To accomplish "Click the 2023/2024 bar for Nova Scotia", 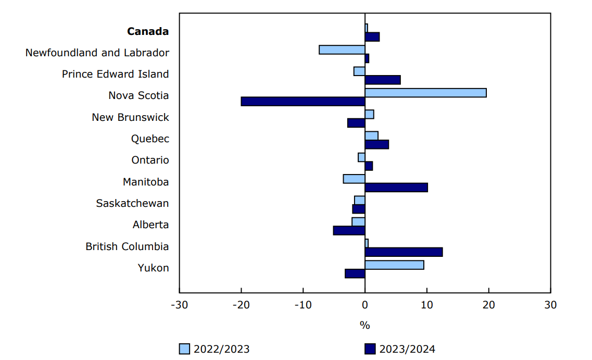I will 303,101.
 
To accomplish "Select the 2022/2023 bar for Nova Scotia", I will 425,93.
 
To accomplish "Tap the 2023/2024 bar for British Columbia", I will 404,252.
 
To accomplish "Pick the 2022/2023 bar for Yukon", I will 394,265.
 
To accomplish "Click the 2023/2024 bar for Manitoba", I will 396,188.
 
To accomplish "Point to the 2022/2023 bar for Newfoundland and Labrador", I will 342,50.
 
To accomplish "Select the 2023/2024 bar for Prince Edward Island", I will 383,80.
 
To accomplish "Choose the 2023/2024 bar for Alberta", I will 349,230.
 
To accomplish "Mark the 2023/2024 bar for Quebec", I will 377,144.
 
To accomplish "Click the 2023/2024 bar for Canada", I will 372,36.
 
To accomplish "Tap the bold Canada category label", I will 148,31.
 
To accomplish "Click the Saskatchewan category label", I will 132,203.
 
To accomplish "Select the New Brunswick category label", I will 130,117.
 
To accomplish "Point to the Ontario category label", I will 150,160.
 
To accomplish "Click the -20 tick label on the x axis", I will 241,305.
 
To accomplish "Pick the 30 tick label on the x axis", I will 550,305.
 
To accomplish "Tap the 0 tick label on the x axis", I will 365,305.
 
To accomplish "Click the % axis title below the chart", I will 364,326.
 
